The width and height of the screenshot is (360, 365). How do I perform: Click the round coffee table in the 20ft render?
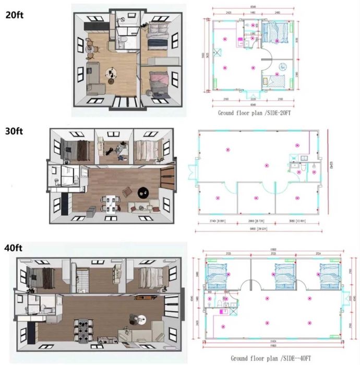pyautogui.click(x=113, y=74)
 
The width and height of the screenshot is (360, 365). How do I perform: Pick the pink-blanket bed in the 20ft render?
pyautogui.click(x=159, y=82)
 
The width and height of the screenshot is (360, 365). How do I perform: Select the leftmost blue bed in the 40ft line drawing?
pyautogui.click(x=217, y=272)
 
